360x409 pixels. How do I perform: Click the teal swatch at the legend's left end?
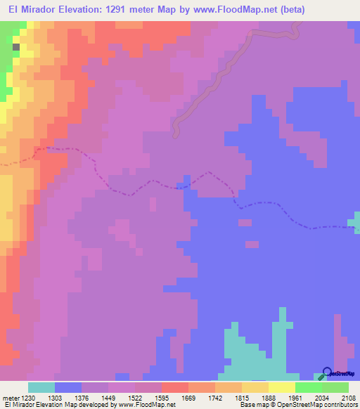click(x=41, y=387)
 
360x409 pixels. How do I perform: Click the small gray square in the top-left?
click(x=16, y=46)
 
